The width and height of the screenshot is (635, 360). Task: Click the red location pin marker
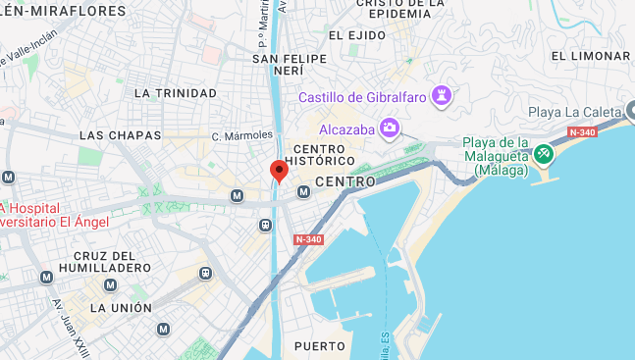pos(279,171)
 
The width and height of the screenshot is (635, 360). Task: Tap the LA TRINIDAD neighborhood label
pos(175,93)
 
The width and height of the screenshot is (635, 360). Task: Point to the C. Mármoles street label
pos(241,134)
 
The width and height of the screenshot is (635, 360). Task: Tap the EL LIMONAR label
pos(591,56)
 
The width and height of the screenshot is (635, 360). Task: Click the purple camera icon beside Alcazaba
pos(391,128)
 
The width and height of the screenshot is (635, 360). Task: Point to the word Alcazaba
pos(348,129)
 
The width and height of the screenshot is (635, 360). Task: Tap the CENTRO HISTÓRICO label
pos(319,154)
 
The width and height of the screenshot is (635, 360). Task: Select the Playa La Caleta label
pos(575,112)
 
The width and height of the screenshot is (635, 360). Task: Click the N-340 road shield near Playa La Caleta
pos(582,132)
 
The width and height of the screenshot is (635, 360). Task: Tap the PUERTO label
pos(320,346)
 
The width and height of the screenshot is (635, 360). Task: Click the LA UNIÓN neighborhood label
pos(122,307)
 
